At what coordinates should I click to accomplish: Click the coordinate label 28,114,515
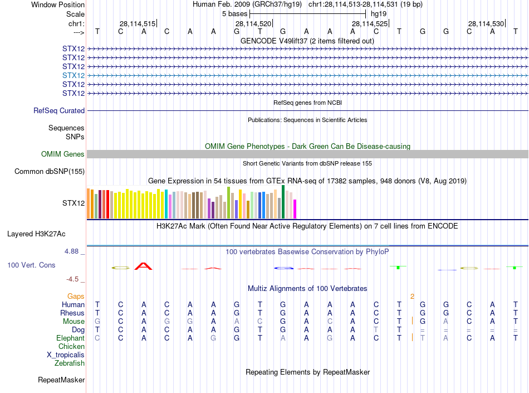(x=138, y=23)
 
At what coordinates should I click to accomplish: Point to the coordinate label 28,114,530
(x=486, y=23)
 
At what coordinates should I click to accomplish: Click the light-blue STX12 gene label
(x=74, y=75)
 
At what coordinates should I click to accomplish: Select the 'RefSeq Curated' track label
(x=59, y=111)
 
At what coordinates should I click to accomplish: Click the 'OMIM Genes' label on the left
(x=63, y=154)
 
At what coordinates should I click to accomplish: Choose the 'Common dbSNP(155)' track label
(x=50, y=172)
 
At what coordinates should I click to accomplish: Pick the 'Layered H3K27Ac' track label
(x=46, y=234)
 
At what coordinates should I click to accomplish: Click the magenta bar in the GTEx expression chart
(x=295, y=209)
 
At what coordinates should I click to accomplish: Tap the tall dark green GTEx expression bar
(x=283, y=202)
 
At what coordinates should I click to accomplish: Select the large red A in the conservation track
(x=144, y=266)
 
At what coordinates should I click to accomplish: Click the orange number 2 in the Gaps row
(x=412, y=296)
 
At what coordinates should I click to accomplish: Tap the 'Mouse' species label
(x=74, y=322)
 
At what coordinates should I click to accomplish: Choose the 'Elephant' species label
(x=71, y=338)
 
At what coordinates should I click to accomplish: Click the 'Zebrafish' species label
(x=70, y=363)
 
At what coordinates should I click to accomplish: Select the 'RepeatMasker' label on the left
(x=61, y=380)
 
